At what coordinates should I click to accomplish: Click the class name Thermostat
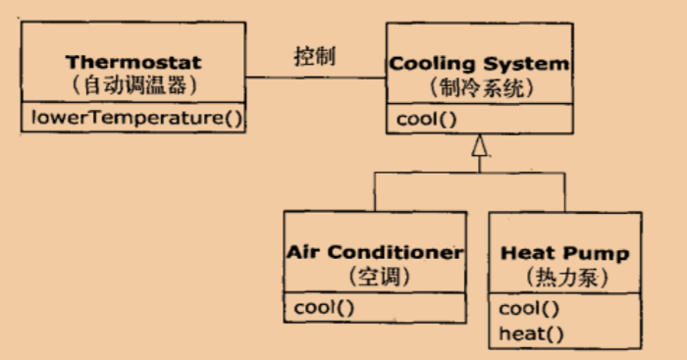pyautogui.click(x=135, y=64)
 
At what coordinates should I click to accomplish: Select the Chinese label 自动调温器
pyautogui.click(x=135, y=86)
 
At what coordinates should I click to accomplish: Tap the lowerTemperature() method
pyautogui.click(x=135, y=120)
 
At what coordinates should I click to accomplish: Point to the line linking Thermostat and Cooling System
pyautogui.click(x=315, y=78)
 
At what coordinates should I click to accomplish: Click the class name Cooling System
pyautogui.click(x=480, y=64)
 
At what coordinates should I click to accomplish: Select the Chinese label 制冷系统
pyautogui.click(x=480, y=87)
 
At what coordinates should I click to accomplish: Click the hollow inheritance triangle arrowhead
pyautogui.click(x=479, y=148)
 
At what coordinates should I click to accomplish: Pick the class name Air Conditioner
pyautogui.click(x=374, y=252)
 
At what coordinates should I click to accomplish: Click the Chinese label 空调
pyautogui.click(x=374, y=276)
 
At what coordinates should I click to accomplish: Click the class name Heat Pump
pyautogui.click(x=565, y=253)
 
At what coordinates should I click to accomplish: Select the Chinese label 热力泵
pyautogui.click(x=565, y=277)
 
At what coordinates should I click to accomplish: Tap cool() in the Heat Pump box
pyautogui.click(x=529, y=309)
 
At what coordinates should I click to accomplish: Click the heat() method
pyautogui.click(x=531, y=333)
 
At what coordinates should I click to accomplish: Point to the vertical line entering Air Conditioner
pyautogui.click(x=374, y=191)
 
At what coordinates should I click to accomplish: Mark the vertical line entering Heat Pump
pyautogui.click(x=565, y=191)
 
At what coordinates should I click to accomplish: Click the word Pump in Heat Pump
pyautogui.click(x=597, y=253)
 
